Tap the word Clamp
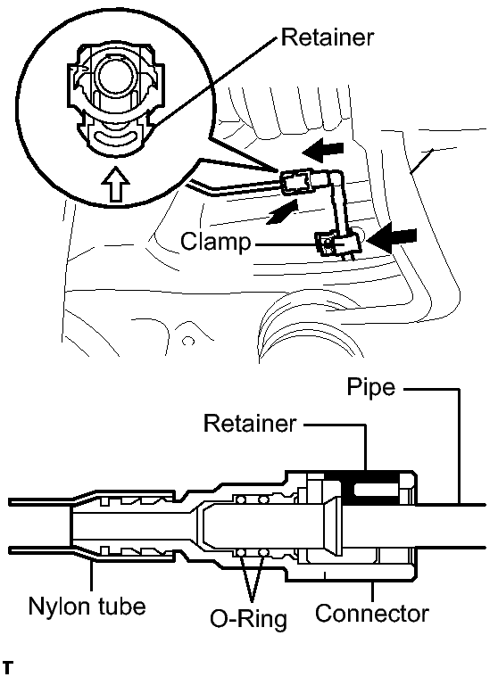215,241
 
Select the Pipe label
371,387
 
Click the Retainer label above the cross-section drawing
250,423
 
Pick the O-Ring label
248,619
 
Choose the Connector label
372,613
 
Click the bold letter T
8,666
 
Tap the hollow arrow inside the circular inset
115,184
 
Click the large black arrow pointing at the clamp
394,238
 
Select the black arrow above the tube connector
323,150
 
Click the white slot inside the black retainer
376,489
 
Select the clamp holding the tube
337,244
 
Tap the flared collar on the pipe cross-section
332,526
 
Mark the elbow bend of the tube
335,178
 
